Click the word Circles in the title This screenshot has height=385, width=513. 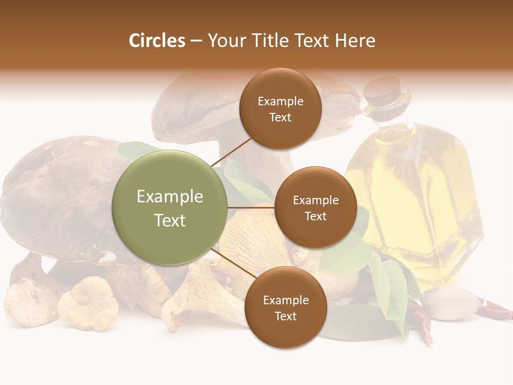[x=157, y=41]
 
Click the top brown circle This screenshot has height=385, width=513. [x=280, y=109]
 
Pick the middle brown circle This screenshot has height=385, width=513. [x=315, y=207]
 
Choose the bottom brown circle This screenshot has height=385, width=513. [x=285, y=307]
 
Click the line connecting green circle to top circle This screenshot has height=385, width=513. [x=231, y=152]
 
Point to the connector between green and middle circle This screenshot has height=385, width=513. [x=251, y=207]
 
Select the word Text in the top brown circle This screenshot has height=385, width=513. [x=280, y=117]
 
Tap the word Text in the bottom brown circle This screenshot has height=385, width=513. [x=285, y=316]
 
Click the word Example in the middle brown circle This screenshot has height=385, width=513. [x=315, y=200]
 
